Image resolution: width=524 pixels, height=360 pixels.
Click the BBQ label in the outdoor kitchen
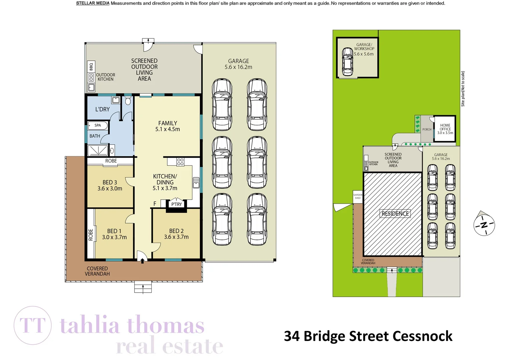tap(91, 67)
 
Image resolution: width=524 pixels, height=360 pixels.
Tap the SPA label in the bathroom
tap(98, 125)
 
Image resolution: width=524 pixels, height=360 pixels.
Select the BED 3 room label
tap(110, 182)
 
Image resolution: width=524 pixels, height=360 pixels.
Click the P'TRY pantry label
tap(176, 204)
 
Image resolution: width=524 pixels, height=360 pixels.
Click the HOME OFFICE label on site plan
tap(445, 129)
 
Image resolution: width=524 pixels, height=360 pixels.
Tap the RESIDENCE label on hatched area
tap(395, 214)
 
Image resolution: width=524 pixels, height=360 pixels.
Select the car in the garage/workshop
tap(347, 61)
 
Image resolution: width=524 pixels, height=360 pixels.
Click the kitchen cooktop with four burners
tap(180, 162)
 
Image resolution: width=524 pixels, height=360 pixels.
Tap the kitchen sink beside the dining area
tap(196, 183)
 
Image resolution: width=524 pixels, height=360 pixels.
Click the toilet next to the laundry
tap(128, 101)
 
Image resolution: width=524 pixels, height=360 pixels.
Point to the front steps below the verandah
tap(143, 287)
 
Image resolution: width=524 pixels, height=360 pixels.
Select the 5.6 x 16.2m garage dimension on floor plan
tap(238, 67)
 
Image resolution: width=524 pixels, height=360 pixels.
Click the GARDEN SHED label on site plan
tap(358, 196)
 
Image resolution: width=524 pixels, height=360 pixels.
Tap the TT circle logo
tap(33, 325)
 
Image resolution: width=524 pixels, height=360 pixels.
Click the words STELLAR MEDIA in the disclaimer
tap(93, 3)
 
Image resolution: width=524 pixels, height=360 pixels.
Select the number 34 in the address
tap(292, 336)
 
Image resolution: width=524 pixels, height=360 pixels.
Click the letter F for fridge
tap(155, 204)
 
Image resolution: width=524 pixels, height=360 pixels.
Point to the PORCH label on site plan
tap(427, 129)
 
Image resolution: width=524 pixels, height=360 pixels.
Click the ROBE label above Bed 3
tap(111, 161)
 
